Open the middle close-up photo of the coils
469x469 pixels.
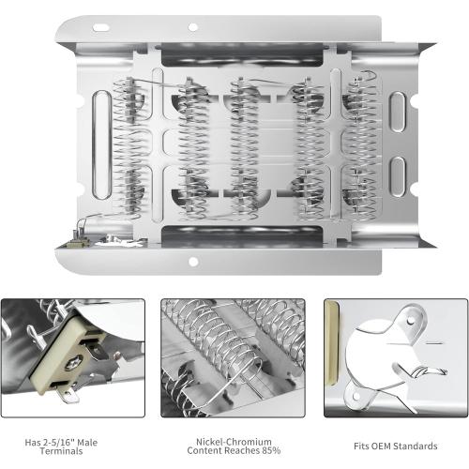[x=234, y=357]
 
